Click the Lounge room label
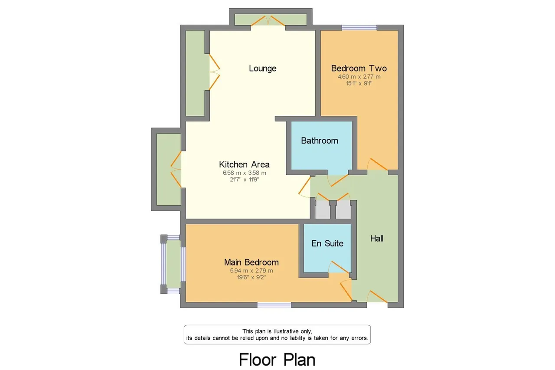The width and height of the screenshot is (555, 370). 263,69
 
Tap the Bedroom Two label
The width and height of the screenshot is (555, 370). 359,68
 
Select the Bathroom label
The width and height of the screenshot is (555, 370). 320,141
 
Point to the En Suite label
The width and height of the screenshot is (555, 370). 327,243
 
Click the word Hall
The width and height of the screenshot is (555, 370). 377,239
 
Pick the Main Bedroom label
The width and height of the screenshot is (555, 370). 251,262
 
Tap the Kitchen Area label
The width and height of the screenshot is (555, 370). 244,164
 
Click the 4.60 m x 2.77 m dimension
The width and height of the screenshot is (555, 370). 359,77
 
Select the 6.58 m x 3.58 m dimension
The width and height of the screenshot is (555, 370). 245,173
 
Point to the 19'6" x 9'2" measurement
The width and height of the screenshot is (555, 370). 251,277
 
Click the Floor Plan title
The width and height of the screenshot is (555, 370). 277,360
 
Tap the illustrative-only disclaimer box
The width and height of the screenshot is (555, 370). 277,334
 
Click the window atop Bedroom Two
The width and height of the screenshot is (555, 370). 359,27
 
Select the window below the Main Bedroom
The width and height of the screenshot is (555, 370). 274,305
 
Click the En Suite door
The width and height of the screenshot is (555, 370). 339,267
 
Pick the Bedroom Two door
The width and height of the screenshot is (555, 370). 377,164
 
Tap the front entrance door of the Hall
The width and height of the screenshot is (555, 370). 377,296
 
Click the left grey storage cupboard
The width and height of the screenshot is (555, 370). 323,210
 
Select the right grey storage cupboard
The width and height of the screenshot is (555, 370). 344,210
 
